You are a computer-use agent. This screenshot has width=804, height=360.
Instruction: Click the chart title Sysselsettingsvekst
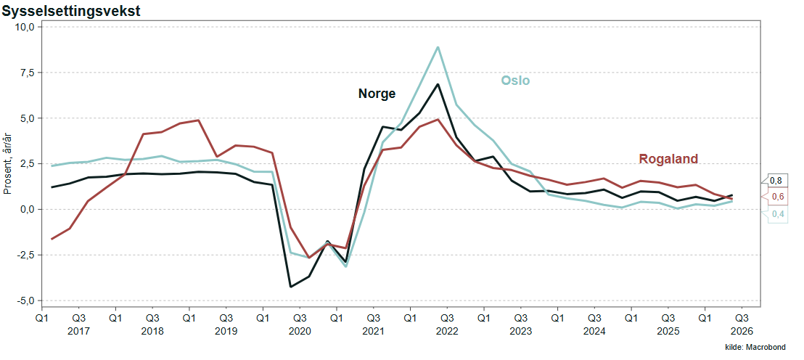pyautogui.click(x=71, y=12)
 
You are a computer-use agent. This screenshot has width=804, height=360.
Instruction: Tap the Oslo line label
pyautogui.click(x=514, y=81)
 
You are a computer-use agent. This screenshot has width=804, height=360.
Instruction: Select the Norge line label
pyautogui.click(x=377, y=94)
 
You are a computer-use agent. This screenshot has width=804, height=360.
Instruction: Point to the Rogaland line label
pyautogui.click(x=668, y=159)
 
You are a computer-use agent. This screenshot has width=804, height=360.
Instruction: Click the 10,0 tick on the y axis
pyautogui.click(x=24, y=27)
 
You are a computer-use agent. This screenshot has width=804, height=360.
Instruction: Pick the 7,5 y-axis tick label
pyautogui.click(x=26, y=73)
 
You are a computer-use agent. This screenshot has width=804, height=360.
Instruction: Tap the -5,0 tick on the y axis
pyautogui.click(x=24, y=300)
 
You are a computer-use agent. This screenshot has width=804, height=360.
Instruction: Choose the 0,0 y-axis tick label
pyautogui.click(x=26, y=209)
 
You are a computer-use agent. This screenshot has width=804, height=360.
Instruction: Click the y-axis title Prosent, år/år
pyautogui.click(x=7, y=163)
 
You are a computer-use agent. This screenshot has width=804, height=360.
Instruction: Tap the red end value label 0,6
pyautogui.click(x=778, y=197)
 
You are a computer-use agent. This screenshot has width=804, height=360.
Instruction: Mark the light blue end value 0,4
pyautogui.click(x=778, y=214)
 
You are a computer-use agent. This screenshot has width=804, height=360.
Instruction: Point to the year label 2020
pyautogui.click(x=300, y=331)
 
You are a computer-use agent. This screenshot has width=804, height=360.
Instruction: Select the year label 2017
pyautogui.click(x=78, y=331)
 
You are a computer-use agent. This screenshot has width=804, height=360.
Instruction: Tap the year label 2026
pyautogui.click(x=742, y=331)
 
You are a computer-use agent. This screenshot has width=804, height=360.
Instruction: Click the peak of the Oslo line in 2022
pyautogui.click(x=438, y=47)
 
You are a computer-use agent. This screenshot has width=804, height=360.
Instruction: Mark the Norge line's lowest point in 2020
pyautogui.click(x=290, y=287)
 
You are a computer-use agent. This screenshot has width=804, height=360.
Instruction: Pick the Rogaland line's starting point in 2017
pyautogui.click(x=52, y=239)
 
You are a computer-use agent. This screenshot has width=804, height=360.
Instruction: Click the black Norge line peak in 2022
pyautogui.click(x=438, y=84)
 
